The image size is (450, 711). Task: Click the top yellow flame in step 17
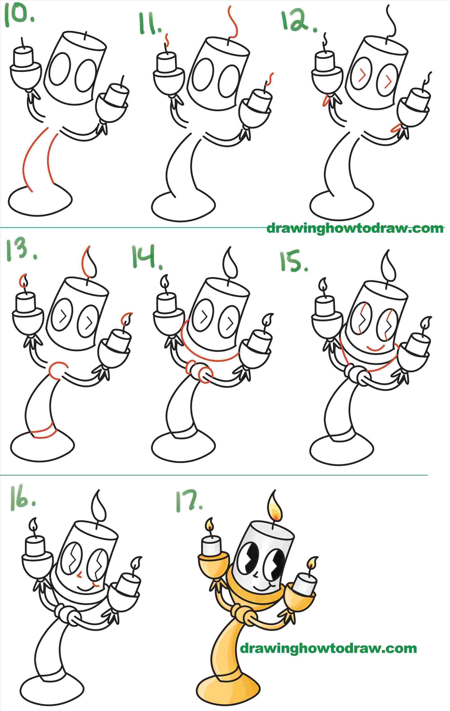[275, 507]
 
